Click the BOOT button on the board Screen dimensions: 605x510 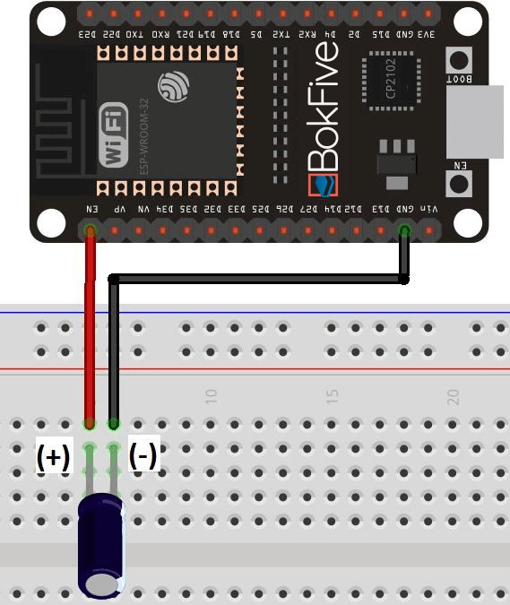(x=459, y=62)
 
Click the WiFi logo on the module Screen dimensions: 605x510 (x=113, y=135)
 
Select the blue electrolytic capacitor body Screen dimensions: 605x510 (x=101, y=546)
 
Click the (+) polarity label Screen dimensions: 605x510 (x=53, y=456)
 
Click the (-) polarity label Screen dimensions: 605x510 (x=143, y=455)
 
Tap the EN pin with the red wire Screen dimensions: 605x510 (x=90, y=231)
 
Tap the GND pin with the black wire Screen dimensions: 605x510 (x=404, y=231)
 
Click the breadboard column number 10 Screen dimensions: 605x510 (x=212, y=395)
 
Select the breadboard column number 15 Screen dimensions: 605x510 (x=332, y=395)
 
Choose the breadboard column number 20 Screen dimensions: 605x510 (x=454, y=395)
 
